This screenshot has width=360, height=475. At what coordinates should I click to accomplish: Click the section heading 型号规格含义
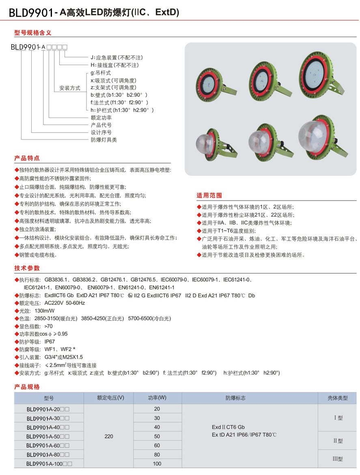(33, 33)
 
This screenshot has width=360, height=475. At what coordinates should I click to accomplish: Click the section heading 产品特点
(27, 158)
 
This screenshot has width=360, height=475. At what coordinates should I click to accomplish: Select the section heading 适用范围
(209, 195)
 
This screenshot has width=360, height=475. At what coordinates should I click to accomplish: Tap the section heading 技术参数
(27, 268)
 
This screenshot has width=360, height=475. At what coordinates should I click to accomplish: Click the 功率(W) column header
(157, 398)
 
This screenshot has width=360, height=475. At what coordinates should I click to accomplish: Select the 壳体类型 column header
(338, 398)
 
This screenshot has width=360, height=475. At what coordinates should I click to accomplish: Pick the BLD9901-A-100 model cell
(49, 464)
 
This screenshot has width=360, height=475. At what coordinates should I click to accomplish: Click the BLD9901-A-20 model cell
(48, 409)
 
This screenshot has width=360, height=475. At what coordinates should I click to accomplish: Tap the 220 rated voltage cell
(109, 436)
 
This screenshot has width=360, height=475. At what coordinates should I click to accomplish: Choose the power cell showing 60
(157, 445)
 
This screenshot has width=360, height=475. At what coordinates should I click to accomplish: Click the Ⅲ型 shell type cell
(338, 459)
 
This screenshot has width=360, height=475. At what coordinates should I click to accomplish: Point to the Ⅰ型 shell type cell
(338, 418)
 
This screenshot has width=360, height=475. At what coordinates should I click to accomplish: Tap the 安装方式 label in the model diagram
(70, 88)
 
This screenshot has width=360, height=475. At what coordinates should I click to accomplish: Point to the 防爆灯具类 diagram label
(103, 140)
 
